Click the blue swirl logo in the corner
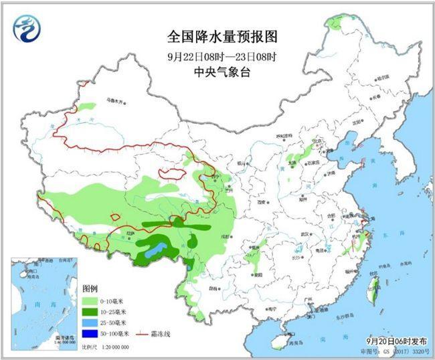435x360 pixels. pyautogui.click(x=27, y=27)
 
